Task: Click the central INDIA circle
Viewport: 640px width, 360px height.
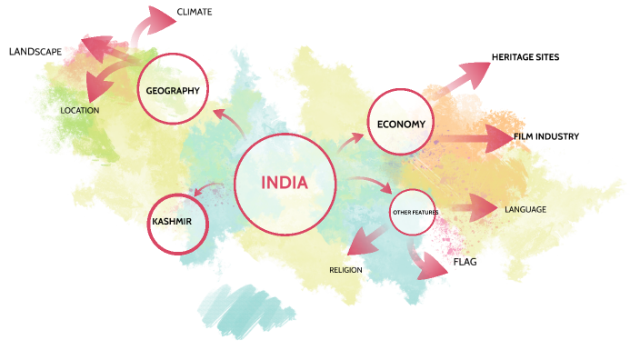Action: click(285, 183)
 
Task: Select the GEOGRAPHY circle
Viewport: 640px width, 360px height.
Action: click(173, 89)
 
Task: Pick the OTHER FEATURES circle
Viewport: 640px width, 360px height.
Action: click(415, 212)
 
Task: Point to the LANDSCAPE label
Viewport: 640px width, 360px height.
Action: click(35, 52)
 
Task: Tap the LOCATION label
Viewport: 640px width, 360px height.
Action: click(80, 110)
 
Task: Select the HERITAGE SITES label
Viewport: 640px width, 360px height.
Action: click(525, 57)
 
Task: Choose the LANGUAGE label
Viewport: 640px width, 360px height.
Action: click(525, 210)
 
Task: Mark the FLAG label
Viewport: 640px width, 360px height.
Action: click(465, 263)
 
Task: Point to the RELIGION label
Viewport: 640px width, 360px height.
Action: click(345, 270)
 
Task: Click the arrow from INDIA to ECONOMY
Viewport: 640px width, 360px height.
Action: click(350, 141)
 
